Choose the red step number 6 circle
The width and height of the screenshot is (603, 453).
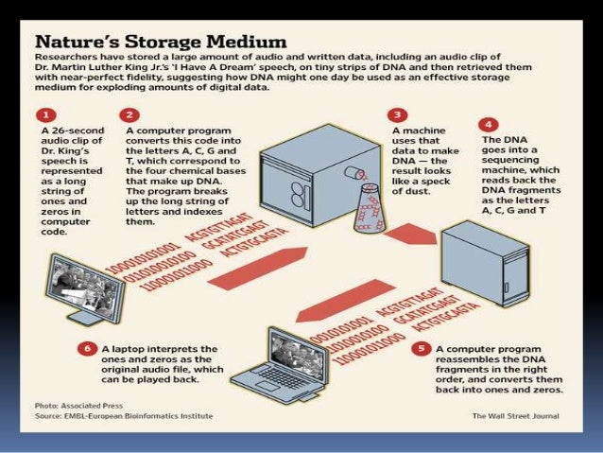(x=88, y=349)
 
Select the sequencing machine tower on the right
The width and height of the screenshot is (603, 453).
(x=488, y=259)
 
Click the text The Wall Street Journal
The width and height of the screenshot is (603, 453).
(x=515, y=415)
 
